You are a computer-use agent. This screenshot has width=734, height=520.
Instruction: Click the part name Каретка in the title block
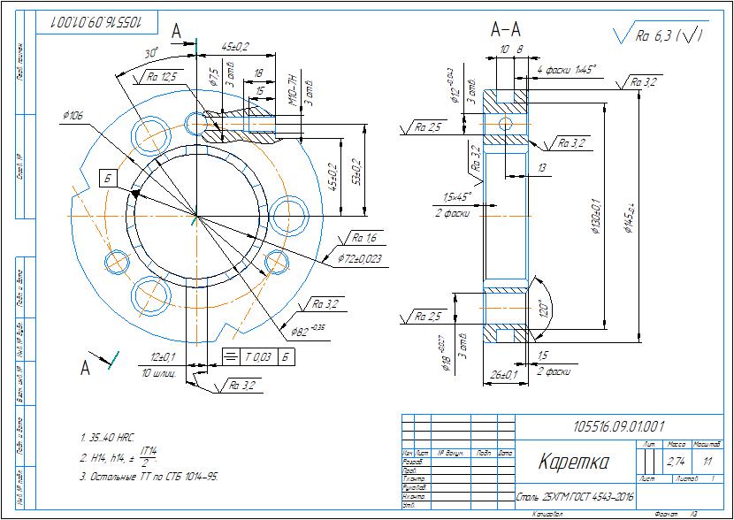[574, 462]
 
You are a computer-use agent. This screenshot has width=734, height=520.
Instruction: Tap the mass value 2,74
[676, 462]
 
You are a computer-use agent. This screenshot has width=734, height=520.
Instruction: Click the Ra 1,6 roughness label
[364, 238]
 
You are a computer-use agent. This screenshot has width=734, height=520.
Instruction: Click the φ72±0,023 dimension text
[360, 259]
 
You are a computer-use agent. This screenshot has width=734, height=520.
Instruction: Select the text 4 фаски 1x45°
[567, 68]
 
